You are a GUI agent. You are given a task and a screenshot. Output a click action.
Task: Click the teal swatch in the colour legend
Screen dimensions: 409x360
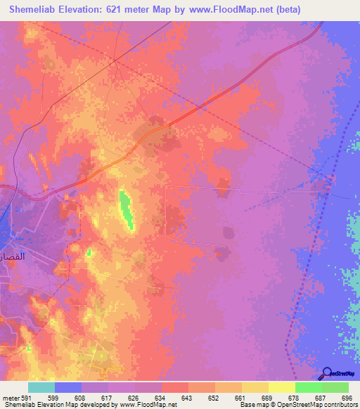click(41, 387)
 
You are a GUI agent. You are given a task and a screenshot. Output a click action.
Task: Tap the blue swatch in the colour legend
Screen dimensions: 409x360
click(68, 387)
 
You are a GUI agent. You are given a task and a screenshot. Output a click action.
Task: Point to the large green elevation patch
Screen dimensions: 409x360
click(126, 209)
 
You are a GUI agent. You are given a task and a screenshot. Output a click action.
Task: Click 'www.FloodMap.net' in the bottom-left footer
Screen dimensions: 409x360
click(149, 405)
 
